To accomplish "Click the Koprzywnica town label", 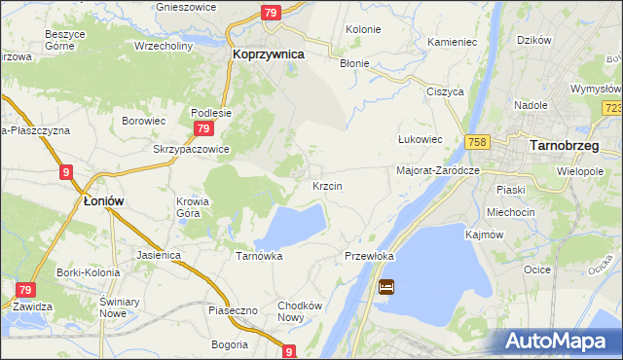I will [x=269, y=55].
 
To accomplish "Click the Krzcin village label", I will [x=326, y=185].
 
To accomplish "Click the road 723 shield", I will [x=612, y=109].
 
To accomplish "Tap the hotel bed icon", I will [x=386, y=287].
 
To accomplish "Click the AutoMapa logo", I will [x=552, y=341].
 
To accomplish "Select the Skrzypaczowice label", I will [x=191, y=149].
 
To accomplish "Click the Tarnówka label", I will [x=259, y=257].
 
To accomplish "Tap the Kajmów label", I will [x=485, y=235].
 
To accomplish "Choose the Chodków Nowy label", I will [x=299, y=311].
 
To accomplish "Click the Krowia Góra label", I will [x=193, y=208].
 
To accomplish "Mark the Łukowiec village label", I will [x=421, y=139].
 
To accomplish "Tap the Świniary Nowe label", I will [x=116, y=307].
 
